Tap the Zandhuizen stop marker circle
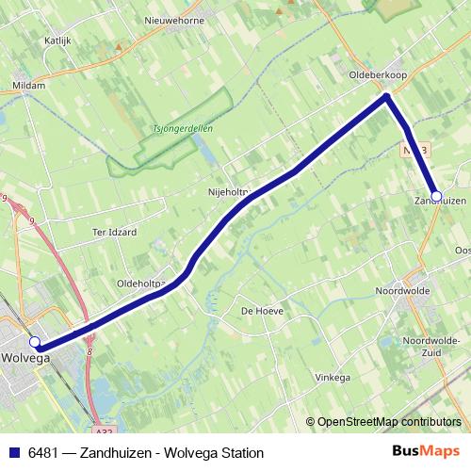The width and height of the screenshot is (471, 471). pyautogui.click(x=435, y=196)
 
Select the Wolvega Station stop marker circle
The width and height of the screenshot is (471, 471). pyautogui.click(x=35, y=342)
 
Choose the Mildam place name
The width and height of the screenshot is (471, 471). pyautogui.click(x=28, y=85)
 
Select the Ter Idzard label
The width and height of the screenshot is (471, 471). pyautogui.click(x=114, y=231)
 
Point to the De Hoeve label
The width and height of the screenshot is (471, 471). pyautogui.click(x=263, y=310)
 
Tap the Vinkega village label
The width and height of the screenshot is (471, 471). pyautogui.click(x=332, y=377)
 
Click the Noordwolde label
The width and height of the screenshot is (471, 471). pyautogui.click(x=402, y=291)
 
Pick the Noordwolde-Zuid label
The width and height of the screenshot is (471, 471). pyautogui.click(x=430, y=345)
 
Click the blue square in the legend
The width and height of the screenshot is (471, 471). pyautogui.click(x=14, y=452)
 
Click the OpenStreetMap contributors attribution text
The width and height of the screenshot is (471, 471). pyautogui.click(x=388, y=422)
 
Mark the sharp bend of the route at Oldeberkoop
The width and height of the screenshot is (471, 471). pyautogui.click(x=386, y=96)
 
